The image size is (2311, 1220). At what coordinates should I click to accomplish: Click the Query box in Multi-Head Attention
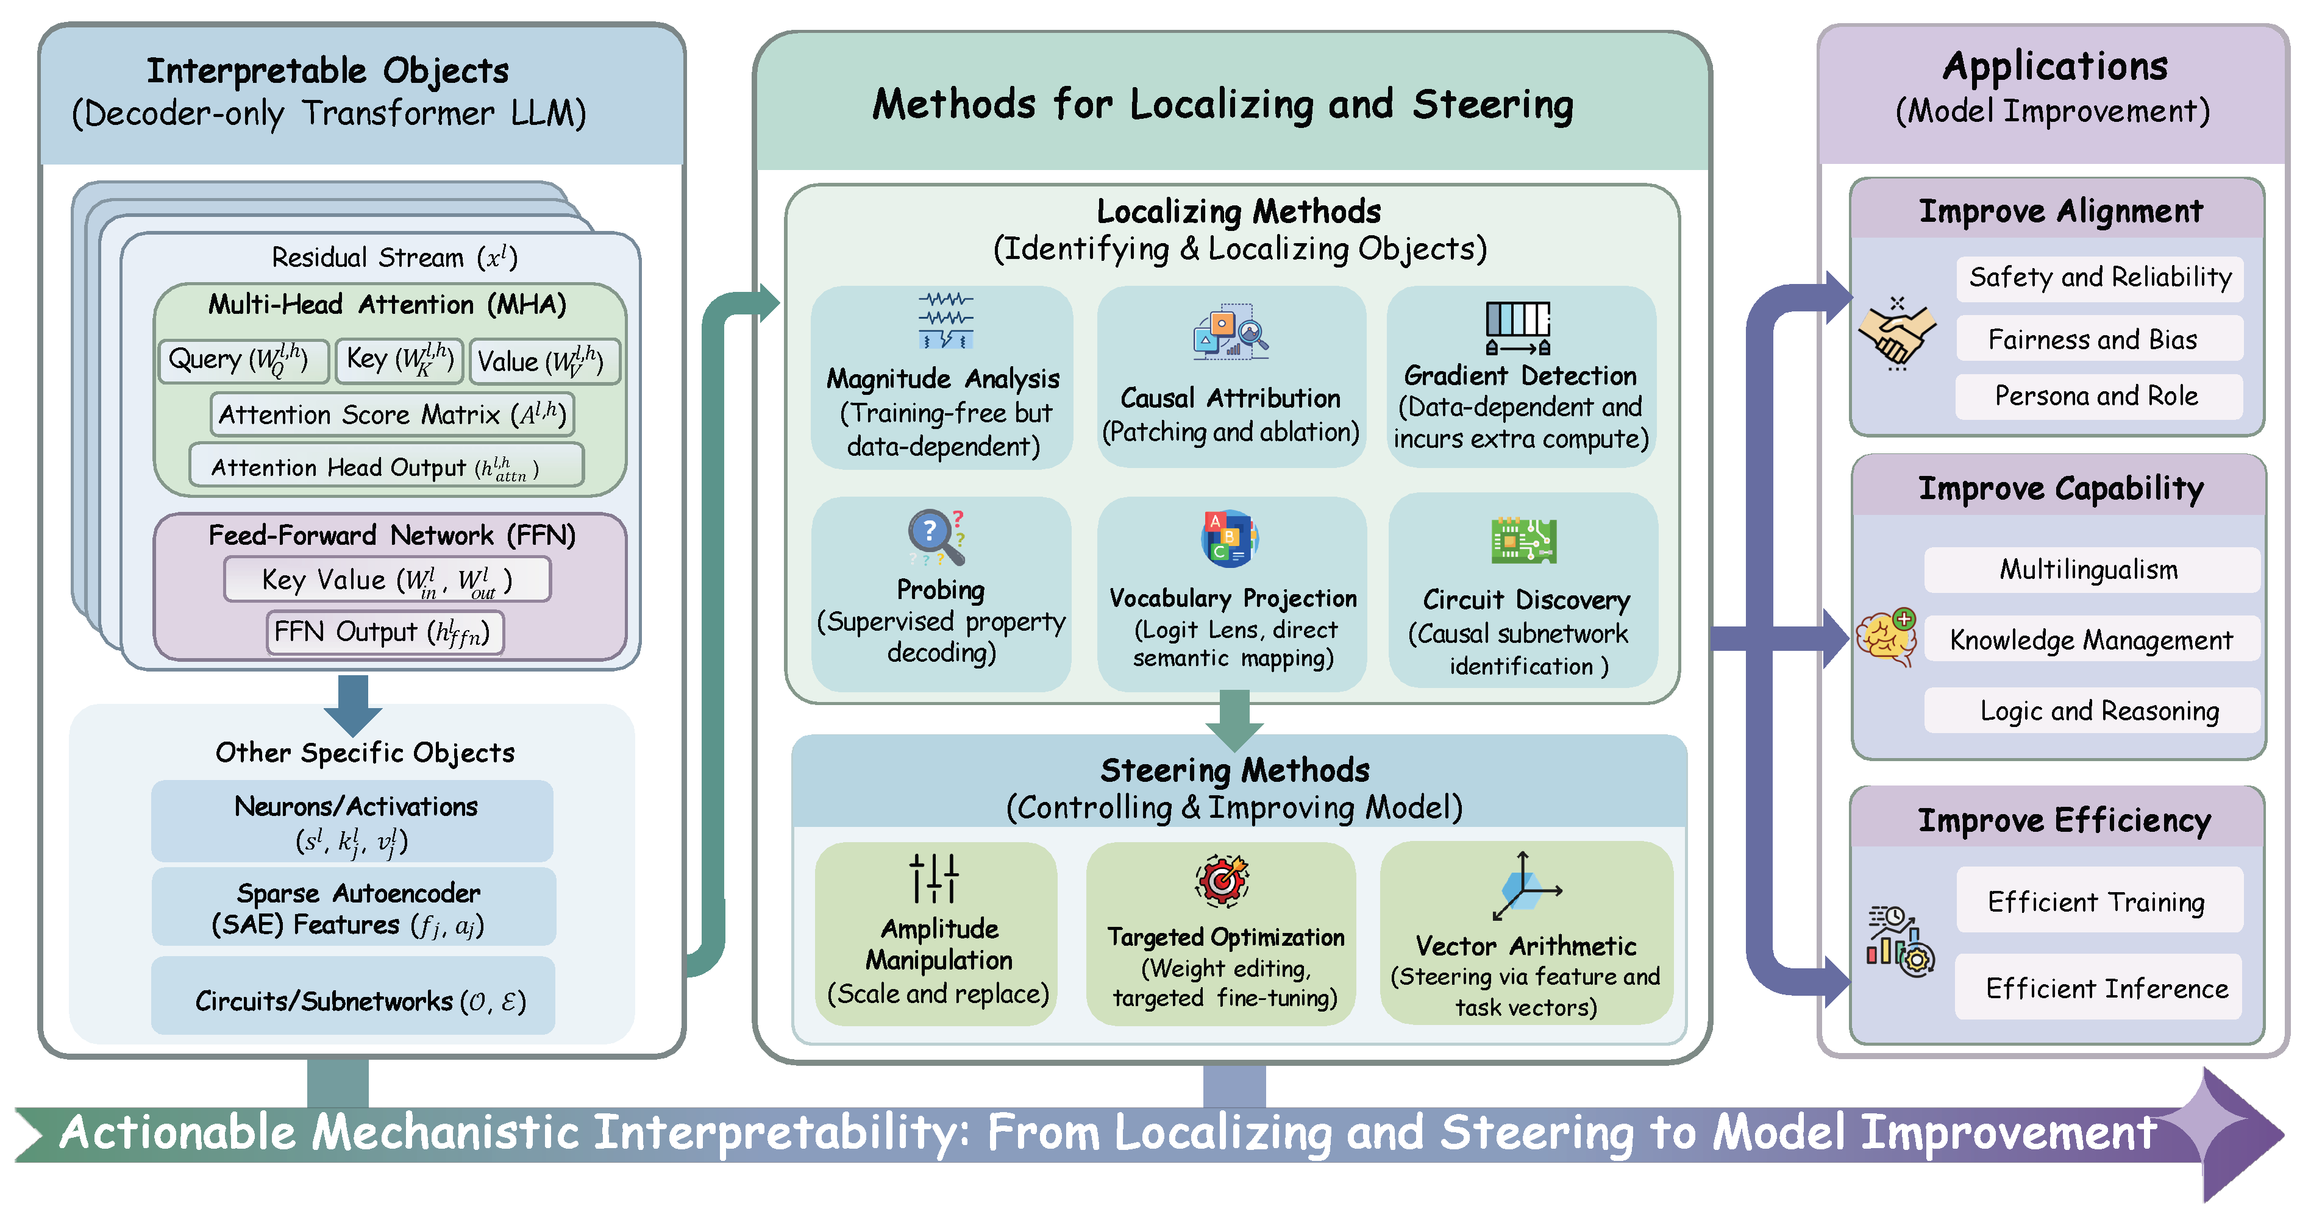(x=242, y=361)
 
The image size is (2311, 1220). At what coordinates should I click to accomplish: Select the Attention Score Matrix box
(x=392, y=414)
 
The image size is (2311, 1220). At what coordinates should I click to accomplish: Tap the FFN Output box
(x=384, y=633)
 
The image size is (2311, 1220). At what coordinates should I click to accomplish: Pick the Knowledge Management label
(x=2090, y=640)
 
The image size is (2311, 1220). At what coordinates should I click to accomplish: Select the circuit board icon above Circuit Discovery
(x=1523, y=541)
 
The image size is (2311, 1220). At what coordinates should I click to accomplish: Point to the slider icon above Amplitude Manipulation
(x=934, y=878)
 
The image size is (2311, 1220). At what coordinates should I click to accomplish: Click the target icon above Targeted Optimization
(x=1222, y=880)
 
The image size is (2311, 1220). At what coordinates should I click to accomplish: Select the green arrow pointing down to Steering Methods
(x=1234, y=718)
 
